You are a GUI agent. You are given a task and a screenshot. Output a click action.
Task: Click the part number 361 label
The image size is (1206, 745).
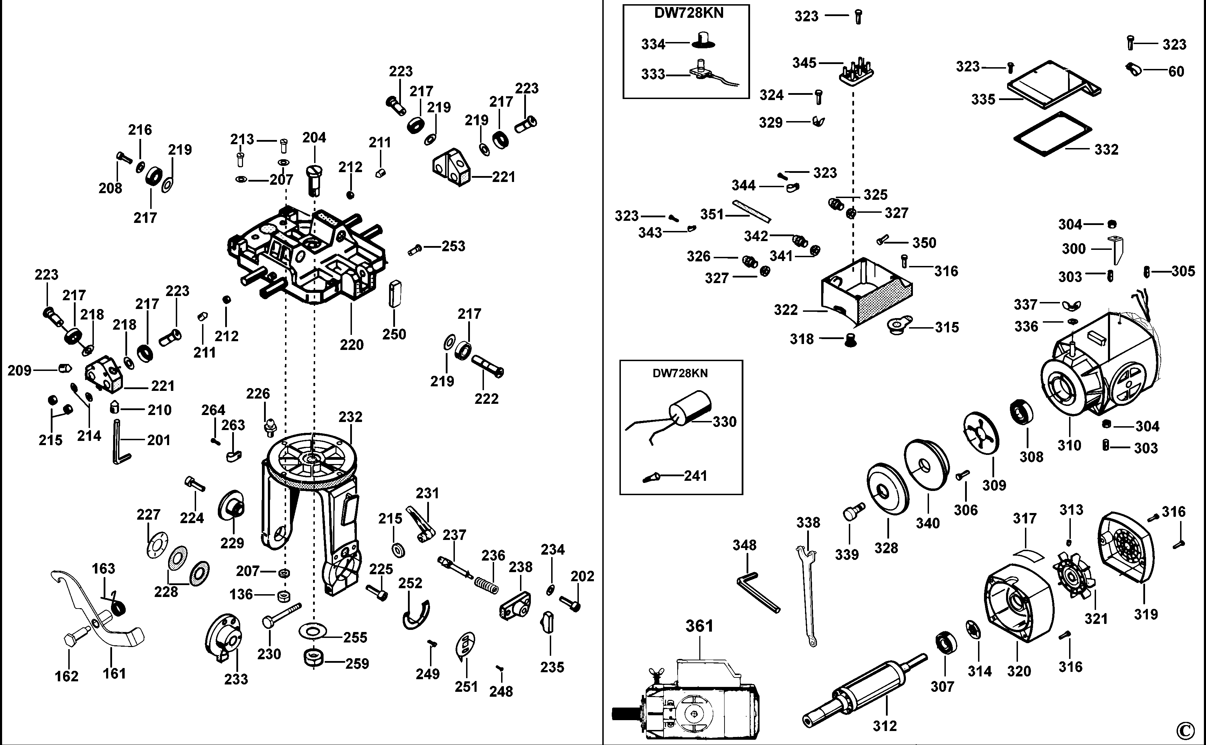699,626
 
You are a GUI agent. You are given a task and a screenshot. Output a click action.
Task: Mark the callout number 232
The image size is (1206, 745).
350,417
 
